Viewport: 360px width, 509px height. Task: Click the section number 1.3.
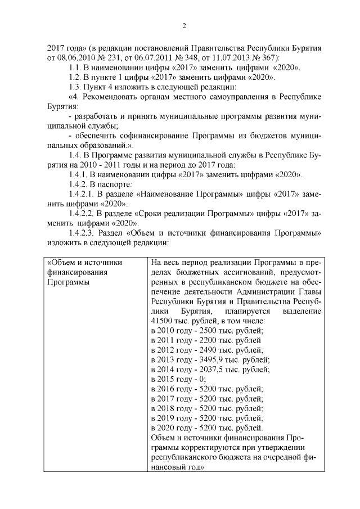74,87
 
